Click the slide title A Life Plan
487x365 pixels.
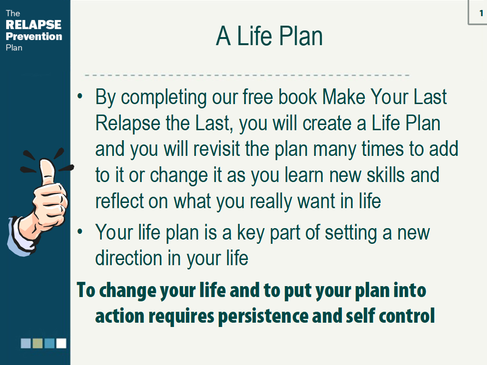[269, 36]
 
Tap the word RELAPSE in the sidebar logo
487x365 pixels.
[34, 25]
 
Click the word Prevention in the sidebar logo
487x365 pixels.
[34, 36]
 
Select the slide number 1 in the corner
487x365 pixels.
[481, 13]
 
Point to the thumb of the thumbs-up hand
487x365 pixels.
[47, 171]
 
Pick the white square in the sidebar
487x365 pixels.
[61, 343]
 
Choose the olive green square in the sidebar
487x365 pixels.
[38, 343]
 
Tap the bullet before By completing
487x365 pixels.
[80, 96]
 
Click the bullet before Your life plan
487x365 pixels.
[80, 231]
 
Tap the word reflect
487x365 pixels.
[118, 201]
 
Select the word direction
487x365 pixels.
[128, 258]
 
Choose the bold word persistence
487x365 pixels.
[263, 317]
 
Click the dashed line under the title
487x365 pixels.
[247, 75]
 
